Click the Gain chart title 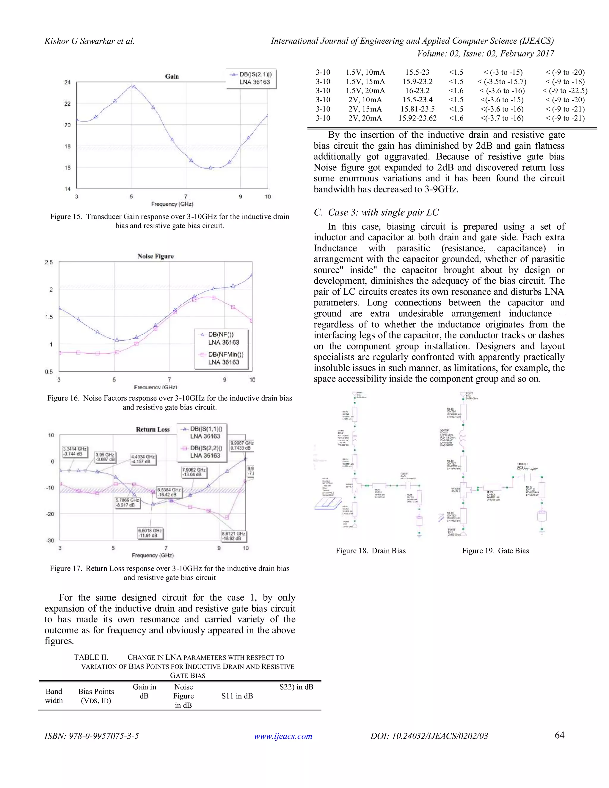click(172, 76)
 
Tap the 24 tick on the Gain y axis click(68, 82)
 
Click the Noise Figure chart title click(156, 256)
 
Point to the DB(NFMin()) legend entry click(223, 358)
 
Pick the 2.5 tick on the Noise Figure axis click(49, 262)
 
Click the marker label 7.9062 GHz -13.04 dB click(194, 472)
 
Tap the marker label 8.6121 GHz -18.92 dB click(233, 536)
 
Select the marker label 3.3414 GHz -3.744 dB click(75, 451)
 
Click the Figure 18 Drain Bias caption click(371, 551)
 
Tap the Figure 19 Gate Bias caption click(495, 551)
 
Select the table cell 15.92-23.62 click(417, 118)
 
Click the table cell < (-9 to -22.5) click(565, 91)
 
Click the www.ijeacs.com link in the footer click(283, 736)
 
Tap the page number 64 click(559, 735)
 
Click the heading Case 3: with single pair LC click(376, 213)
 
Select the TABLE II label click(91, 657)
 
